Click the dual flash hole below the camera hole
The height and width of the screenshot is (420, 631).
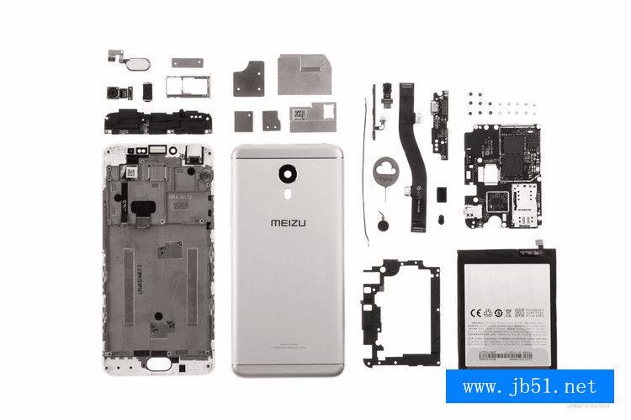coord(288,192)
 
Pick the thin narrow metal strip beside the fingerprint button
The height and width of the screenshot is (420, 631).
coord(186,61)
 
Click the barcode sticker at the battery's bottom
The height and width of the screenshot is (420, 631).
coord(500,358)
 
